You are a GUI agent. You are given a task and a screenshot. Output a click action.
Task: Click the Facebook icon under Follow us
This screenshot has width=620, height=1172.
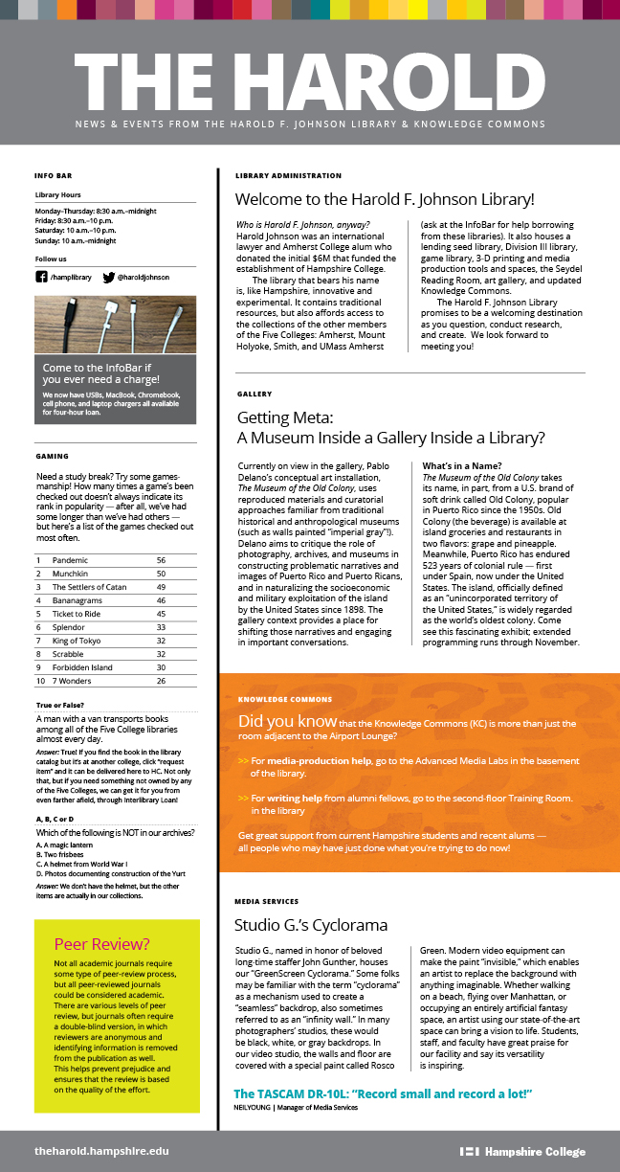tap(41, 277)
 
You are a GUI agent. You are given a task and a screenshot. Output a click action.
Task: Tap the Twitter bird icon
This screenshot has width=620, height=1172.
tap(108, 277)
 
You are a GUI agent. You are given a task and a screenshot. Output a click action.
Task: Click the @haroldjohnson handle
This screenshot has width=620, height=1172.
tap(144, 277)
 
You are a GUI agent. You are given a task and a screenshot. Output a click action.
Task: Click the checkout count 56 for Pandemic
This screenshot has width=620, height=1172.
tap(161, 559)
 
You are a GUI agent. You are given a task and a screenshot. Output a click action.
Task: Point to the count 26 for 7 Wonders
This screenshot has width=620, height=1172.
tap(161, 680)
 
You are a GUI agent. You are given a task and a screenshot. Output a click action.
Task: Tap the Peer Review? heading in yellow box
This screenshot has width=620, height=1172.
tap(102, 943)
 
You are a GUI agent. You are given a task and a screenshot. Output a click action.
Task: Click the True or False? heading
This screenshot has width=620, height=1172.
tap(61, 706)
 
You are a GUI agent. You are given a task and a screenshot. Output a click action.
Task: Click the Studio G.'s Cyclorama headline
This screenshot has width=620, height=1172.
tap(311, 925)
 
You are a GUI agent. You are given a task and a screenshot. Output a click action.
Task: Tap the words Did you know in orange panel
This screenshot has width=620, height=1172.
tap(287, 721)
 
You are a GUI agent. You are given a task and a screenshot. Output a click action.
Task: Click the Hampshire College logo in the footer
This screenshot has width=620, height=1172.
tap(522, 1151)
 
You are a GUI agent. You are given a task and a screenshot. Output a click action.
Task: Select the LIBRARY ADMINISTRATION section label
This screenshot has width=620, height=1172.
tap(288, 176)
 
